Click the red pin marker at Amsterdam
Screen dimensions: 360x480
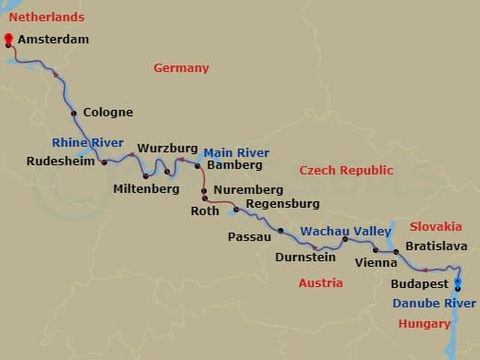coord(8,39)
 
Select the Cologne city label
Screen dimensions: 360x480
coord(108,113)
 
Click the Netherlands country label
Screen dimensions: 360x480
coord(46,17)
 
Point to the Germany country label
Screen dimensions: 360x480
coord(181,67)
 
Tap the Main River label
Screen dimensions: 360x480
coord(236,152)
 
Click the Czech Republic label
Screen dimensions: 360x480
coord(346,170)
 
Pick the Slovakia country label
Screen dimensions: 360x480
coord(436,226)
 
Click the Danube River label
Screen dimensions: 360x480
coord(435,303)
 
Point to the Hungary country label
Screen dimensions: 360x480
coord(425,323)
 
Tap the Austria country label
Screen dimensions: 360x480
coord(320,282)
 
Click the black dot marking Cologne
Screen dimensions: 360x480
coord(74,114)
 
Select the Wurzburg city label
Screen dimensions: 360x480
coord(168,148)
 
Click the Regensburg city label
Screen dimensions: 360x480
coord(282,203)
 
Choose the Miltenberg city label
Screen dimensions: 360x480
coord(145,188)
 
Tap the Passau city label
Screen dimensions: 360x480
coord(248,236)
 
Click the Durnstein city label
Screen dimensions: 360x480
coord(305,258)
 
